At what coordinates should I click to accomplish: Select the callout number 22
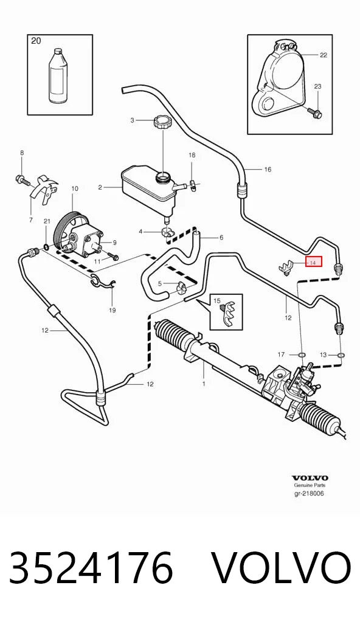pos(324,55)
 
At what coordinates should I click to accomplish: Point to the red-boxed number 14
pos(314,261)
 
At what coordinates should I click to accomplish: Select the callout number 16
pos(268,170)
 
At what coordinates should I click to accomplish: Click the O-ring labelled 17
pos(302,355)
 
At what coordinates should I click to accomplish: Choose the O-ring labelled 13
pos(341,355)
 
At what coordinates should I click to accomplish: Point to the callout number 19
pos(112,310)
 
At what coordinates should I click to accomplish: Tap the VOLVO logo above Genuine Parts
pos(310,478)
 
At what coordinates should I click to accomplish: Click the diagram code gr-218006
pos(309,493)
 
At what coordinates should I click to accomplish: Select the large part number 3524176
pos(91,567)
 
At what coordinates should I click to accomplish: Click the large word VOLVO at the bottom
pos(282,567)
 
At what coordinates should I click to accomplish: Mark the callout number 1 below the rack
pos(204,383)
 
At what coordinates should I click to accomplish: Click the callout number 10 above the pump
pos(75,188)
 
